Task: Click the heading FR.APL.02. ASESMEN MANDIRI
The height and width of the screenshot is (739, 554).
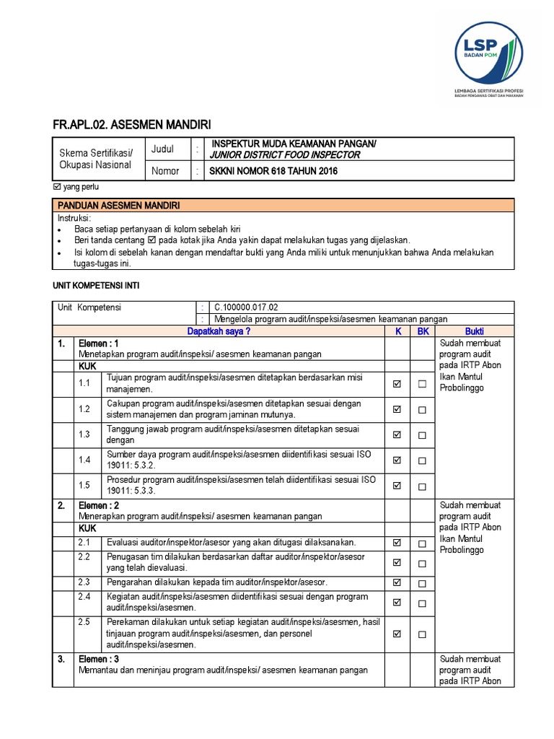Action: click(x=132, y=125)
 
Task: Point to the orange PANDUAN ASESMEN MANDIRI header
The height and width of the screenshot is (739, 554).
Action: click(x=118, y=206)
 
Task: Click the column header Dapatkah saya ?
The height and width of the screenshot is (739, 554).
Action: click(x=218, y=331)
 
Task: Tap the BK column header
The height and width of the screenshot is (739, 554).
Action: click(x=422, y=331)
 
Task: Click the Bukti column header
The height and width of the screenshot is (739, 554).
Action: click(x=474, y=331)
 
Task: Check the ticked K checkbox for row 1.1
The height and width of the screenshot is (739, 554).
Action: click(x=397, y=385)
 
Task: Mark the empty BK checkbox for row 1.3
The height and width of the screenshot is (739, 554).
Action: click(x=422, y=435)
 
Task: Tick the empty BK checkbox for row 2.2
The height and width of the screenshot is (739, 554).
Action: click(x=422, y=563)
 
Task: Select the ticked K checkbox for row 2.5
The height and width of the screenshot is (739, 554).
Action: click(x=397, y=634)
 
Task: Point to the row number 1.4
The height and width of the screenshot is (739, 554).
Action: click(x=85, y=460)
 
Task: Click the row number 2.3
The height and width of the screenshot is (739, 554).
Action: click(x=85, y=582)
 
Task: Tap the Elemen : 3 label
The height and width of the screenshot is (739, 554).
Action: click(x=99, y=659)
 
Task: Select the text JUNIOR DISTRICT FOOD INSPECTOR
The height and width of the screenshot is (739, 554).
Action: click(x=284, y=154)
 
